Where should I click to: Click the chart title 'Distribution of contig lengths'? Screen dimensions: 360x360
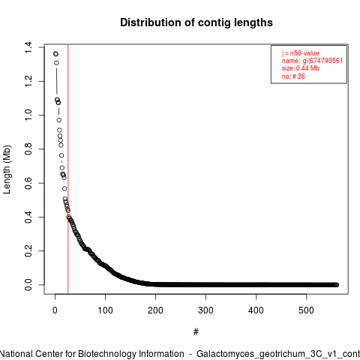click(x=196, y=22)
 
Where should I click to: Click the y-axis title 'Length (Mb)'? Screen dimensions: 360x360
click(x=7, y=169)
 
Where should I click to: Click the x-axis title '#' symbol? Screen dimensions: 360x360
click(x=196, y=332)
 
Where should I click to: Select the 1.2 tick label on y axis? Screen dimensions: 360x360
click(x=28, y=81)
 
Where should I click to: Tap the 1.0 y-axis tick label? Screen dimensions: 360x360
click(x=28, y=115)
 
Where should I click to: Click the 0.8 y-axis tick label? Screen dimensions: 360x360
click(x=28, y=149)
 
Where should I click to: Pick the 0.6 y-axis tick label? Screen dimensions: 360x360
click(x=28, y=183)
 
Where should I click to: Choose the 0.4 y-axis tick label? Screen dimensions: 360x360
click(x=28, y=217)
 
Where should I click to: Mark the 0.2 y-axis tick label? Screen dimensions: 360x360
click(x=28, y=250)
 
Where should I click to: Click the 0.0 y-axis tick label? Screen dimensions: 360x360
click(x=28, y=285)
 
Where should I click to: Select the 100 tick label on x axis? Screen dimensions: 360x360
click(x=105, y=310)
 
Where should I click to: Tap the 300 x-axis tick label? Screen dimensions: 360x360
click(x=205, y=310)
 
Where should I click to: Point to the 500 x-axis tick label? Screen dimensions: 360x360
click(x=306, y=310)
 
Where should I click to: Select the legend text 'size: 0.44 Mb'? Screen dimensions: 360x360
click(x=301, y=68)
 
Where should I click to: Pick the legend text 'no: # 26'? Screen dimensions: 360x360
click(x=293, y=76)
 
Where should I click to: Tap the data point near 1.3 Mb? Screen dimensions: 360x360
click(x=56, y=63)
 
